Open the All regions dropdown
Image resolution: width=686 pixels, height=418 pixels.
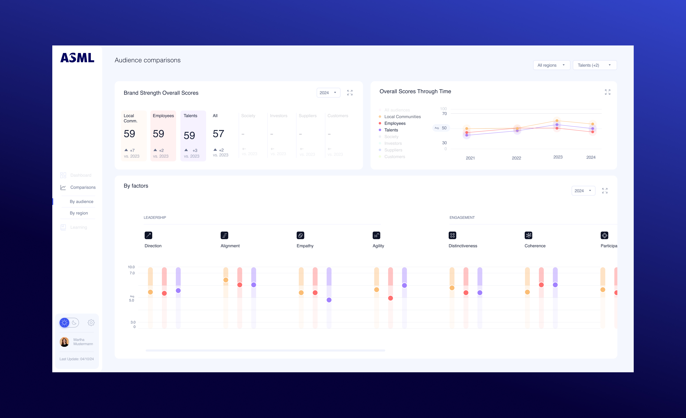[551, 65]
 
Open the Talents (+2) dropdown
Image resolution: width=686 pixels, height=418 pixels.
[594, 65]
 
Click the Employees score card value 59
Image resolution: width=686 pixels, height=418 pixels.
[158, 134]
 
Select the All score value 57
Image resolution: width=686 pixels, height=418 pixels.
[218, 134]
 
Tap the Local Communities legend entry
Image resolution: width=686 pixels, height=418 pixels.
[402, 117]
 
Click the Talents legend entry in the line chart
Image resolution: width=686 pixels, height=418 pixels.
[391, 130]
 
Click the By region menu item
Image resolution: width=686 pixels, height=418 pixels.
[79, 213]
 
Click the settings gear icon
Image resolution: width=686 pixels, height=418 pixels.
[91, 323]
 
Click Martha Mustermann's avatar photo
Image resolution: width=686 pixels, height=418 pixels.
[64, 342]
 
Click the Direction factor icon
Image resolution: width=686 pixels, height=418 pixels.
[148, 235]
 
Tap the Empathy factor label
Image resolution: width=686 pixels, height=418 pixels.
[305, 246]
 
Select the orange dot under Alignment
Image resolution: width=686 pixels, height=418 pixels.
[226, 280]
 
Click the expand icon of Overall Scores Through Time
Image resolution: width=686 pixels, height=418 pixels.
[608, 92]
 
